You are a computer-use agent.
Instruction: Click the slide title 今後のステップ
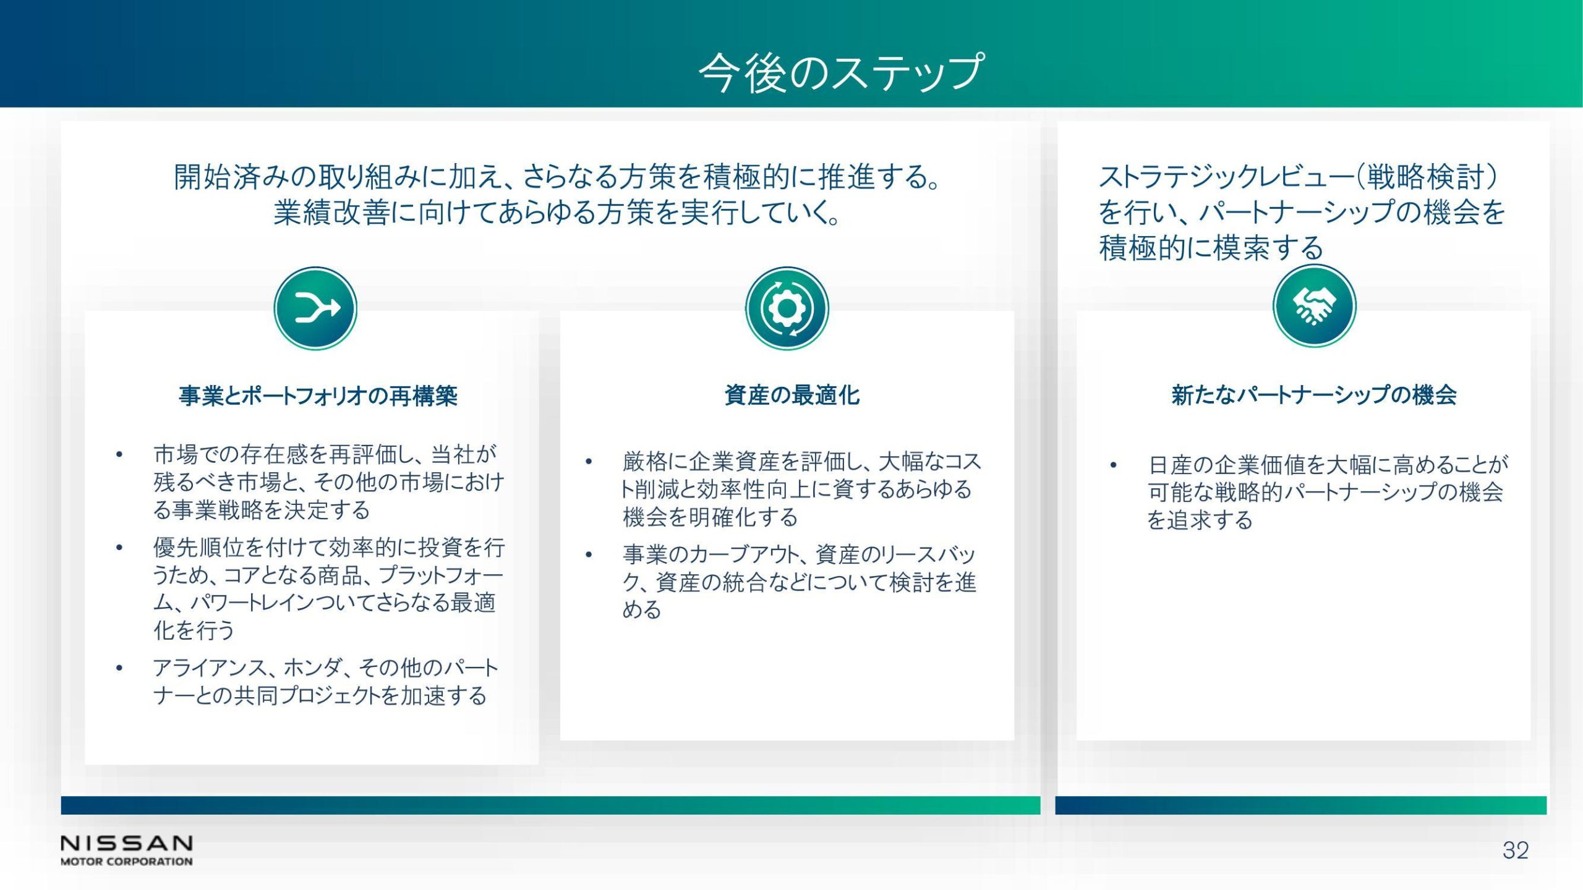point(841,73)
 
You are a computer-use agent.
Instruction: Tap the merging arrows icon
point(315,308)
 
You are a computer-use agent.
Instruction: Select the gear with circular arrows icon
point(787,308)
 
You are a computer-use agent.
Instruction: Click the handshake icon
point(1314,306)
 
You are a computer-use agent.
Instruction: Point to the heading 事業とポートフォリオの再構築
point(318,396)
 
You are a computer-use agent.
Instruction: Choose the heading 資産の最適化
point(792,395)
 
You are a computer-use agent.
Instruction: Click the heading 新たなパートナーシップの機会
point(1314,395)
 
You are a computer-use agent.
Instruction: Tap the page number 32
point(1516,850)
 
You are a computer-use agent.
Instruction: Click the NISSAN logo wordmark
point(127,843)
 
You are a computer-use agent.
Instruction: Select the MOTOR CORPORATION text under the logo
point(127,861)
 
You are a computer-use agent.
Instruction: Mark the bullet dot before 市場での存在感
point(119,456)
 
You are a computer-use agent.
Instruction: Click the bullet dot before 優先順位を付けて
point(119,548)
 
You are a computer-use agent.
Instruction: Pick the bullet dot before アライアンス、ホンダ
point(119,668)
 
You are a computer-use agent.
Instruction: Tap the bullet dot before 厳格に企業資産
point(589,462)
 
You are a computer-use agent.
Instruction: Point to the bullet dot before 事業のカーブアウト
point(589,554)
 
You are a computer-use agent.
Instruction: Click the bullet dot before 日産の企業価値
point(1113,465)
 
